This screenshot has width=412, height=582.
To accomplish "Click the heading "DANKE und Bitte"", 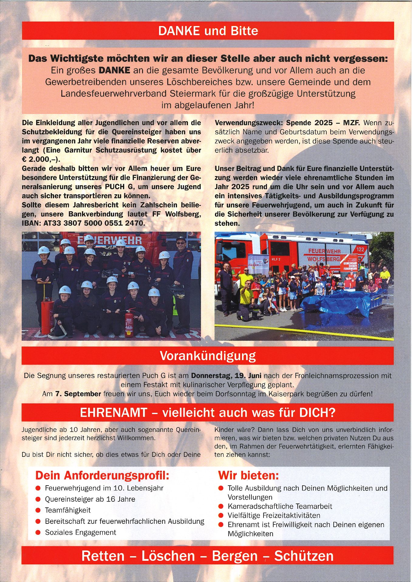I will point(208,31).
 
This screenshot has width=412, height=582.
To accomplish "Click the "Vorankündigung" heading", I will point(208,356).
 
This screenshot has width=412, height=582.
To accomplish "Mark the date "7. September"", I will point(78,394).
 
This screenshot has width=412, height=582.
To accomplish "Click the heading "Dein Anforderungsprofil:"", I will point(102,475).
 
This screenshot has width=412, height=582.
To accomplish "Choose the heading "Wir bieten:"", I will point(248,475).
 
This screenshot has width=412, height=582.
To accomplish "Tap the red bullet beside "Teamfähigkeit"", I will point(38,510).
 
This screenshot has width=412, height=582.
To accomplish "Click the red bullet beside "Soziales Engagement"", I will point(38,533).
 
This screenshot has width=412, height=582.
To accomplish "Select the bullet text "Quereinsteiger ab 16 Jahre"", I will point(90,499).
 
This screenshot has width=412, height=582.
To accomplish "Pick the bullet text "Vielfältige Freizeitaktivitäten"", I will point(274,516).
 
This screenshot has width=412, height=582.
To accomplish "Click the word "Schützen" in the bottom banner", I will point(304,556).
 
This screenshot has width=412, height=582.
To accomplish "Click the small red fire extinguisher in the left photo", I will point(129,323).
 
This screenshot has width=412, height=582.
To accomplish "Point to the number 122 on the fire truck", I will point(360,249).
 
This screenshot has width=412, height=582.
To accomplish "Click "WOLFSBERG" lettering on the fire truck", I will point(324,259).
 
